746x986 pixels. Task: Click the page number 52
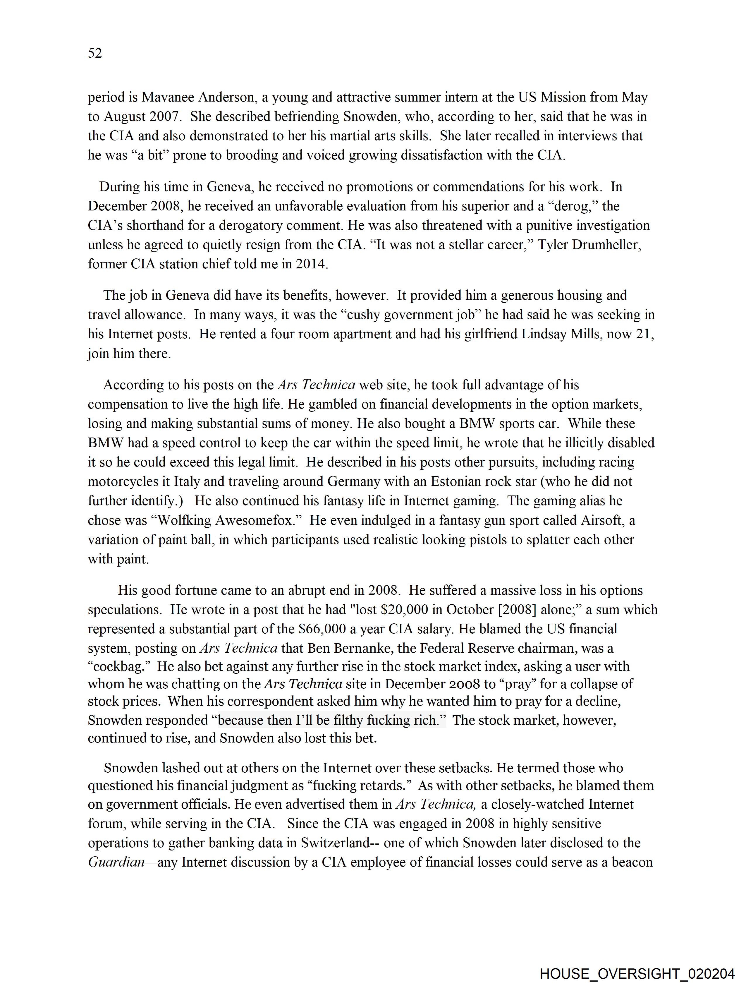(95, 53)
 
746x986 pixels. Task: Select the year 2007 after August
(165, 116)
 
